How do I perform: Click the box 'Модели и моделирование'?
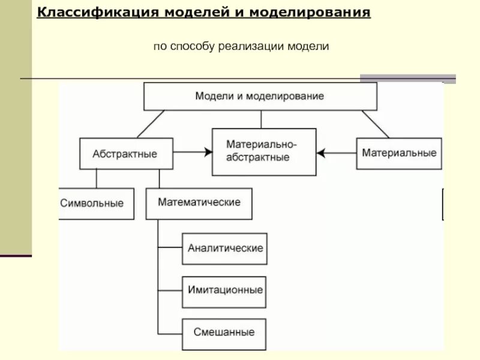[x=260, y=96]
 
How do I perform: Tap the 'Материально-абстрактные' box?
[x=264, y=152]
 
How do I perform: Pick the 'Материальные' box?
[x=399, y=152]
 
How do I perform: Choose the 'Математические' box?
[x=199, y=203]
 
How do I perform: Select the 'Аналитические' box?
[x=225, y=248]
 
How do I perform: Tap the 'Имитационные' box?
[x=225, y=290]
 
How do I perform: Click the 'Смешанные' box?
[x=224, y=332]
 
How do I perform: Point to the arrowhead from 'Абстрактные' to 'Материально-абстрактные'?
[x=208, y=153]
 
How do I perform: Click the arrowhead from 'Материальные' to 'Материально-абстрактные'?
[x=321, y=153]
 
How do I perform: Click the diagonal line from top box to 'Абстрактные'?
[x=151, y=124]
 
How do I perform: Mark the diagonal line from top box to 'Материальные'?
[x=376, y=124]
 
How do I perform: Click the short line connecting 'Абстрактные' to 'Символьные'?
[x=96, y=178]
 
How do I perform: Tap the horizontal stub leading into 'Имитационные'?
[x=170, y=290]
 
